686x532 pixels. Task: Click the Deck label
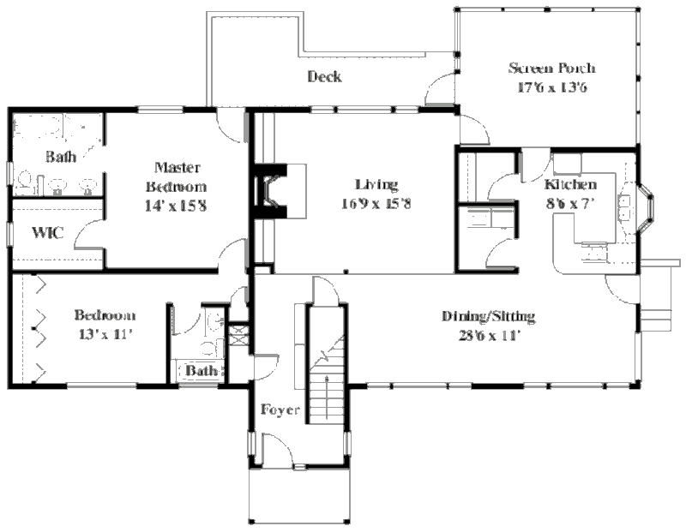(x=324, y=76)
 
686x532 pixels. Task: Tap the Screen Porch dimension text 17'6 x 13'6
(x=551, y=87)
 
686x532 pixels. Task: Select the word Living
(x=376, y=184)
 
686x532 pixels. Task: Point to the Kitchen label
(x=570, y=184)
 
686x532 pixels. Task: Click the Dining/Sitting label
(x=488, y=316)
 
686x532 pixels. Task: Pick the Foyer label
(x=280, y=409)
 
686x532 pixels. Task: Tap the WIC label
(x=48, y=232)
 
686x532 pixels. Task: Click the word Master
(x=178, y=167)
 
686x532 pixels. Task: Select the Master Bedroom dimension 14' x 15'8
(x=176, y=206)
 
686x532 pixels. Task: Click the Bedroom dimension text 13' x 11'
(x=105, y=334)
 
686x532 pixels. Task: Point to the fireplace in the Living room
(x=272, y=190)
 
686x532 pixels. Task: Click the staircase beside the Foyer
(x=327, y=364)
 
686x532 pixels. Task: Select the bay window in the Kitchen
(x=647, y=207)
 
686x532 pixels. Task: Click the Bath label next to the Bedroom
(x=201, y=371)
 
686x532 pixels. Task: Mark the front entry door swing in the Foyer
(x=278, y=448)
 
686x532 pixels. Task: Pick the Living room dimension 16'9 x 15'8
(x=376, y=204)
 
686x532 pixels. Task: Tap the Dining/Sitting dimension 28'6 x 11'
(x=488, y=335)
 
